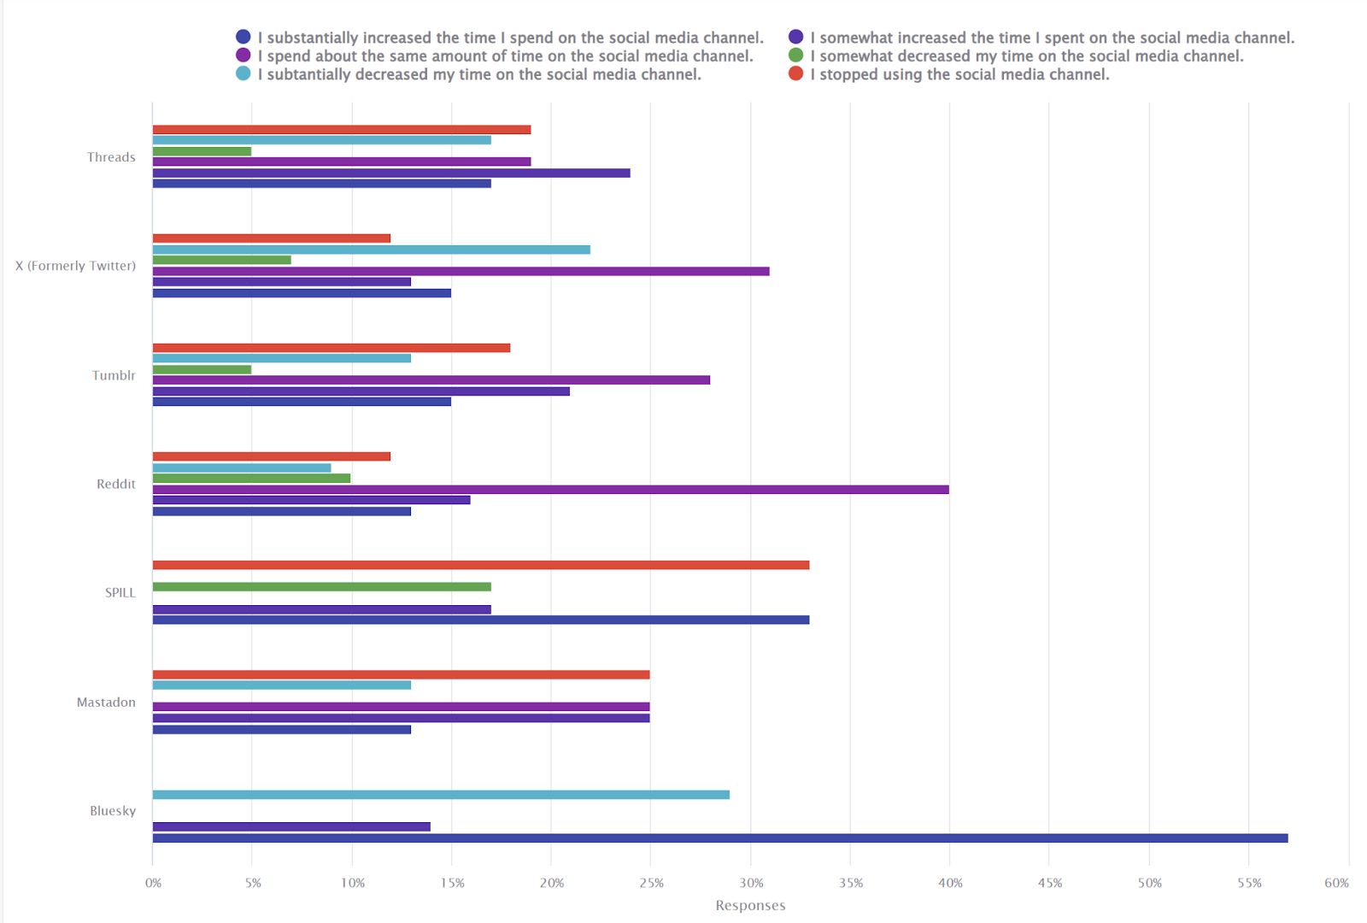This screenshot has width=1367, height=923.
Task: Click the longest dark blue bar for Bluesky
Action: (x=719, y=838)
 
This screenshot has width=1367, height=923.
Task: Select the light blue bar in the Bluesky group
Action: (x=441, y=795)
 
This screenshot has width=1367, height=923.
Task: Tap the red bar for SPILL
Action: (x=480, y=565)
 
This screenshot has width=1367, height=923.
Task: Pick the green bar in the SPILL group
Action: (x=321, y=587)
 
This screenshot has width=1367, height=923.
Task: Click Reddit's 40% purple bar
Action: (x=550, y=490)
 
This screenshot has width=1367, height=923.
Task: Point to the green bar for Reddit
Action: (x=251, y=479)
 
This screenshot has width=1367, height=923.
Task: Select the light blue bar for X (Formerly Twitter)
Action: (x=371, y=250)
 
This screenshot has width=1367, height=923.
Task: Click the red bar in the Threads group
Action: (x=342, y=130)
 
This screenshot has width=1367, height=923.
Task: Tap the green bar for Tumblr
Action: (x=202, y=370)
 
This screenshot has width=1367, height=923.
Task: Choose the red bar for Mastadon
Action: (x=401, y=674)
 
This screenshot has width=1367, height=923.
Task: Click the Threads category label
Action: (x=111, y=157)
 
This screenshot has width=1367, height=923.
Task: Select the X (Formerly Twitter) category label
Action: (x=75, y=266)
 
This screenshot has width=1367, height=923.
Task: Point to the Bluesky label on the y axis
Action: (x=113, y=811)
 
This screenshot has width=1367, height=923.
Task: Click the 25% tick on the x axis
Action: (x=651, y=883)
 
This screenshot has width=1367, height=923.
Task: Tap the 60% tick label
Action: (x=1336, y=883)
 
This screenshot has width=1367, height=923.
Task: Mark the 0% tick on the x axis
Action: (x=153, y=883)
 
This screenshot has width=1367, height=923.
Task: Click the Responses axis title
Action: (x=750, y=905)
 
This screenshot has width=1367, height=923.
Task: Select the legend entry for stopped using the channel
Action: (x=959, y=74)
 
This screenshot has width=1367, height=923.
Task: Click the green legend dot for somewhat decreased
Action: (x=796, y=56)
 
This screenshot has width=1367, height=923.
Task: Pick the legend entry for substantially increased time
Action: (x=510, y=38)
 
